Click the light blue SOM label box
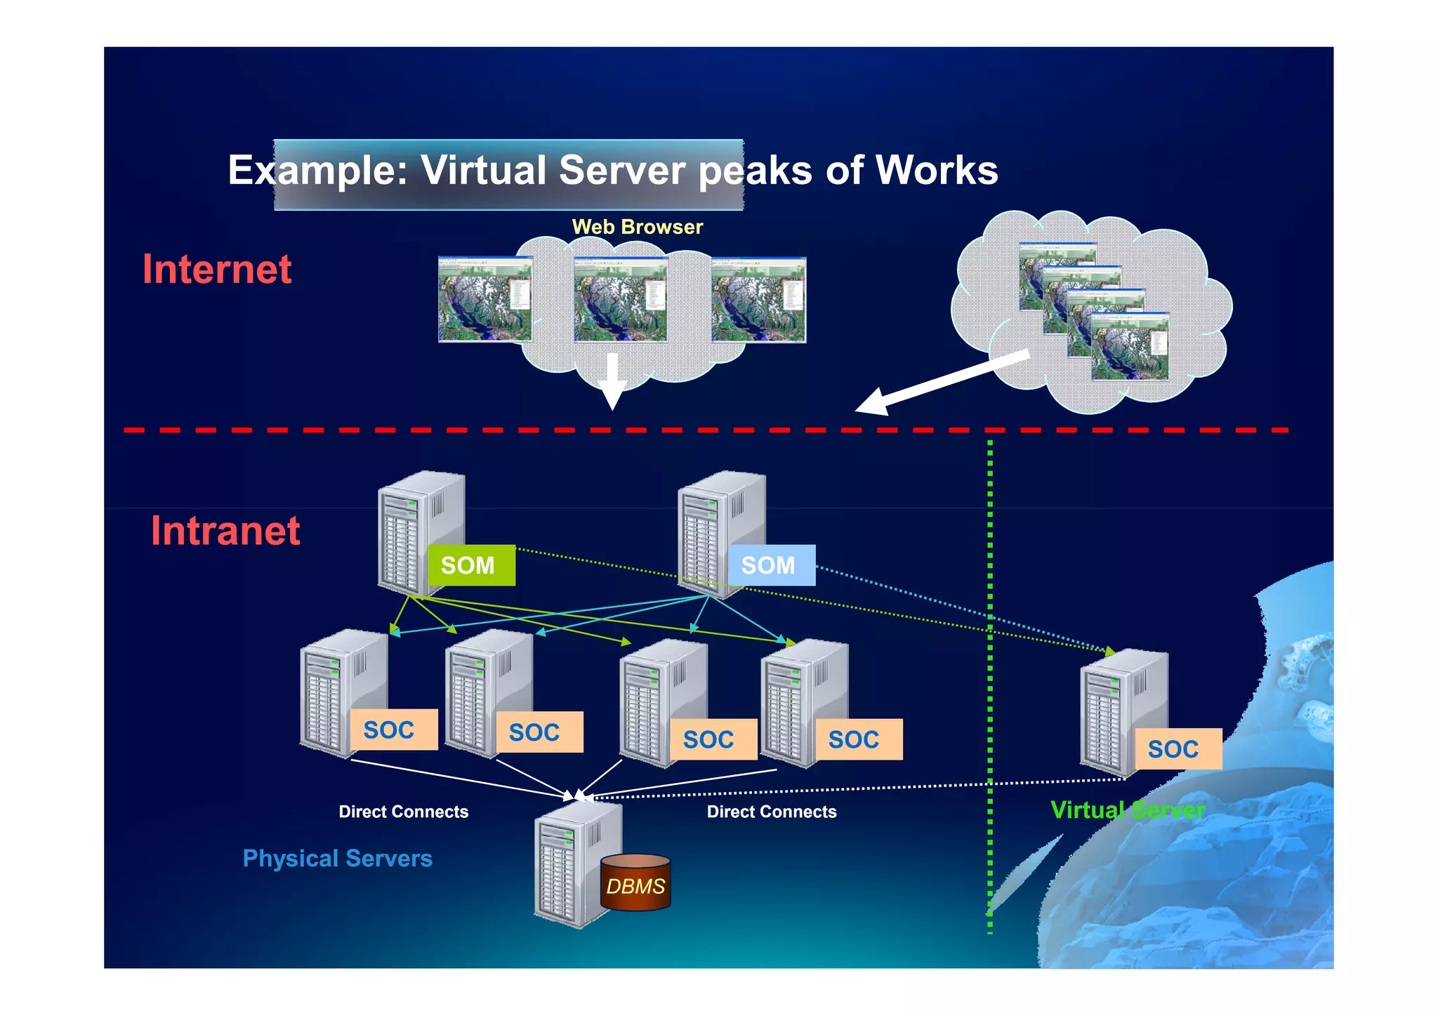771,565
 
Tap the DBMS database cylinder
635,884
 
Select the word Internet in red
217,269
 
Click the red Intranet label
225,531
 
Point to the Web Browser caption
637,227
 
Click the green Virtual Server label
1127,810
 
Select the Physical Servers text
337,858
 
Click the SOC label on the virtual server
1178,749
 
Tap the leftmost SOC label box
393,730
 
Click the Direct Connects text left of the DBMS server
403,812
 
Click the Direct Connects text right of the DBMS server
771,812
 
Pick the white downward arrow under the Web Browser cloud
612,381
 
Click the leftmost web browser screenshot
484,300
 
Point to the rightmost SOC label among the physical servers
858,739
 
